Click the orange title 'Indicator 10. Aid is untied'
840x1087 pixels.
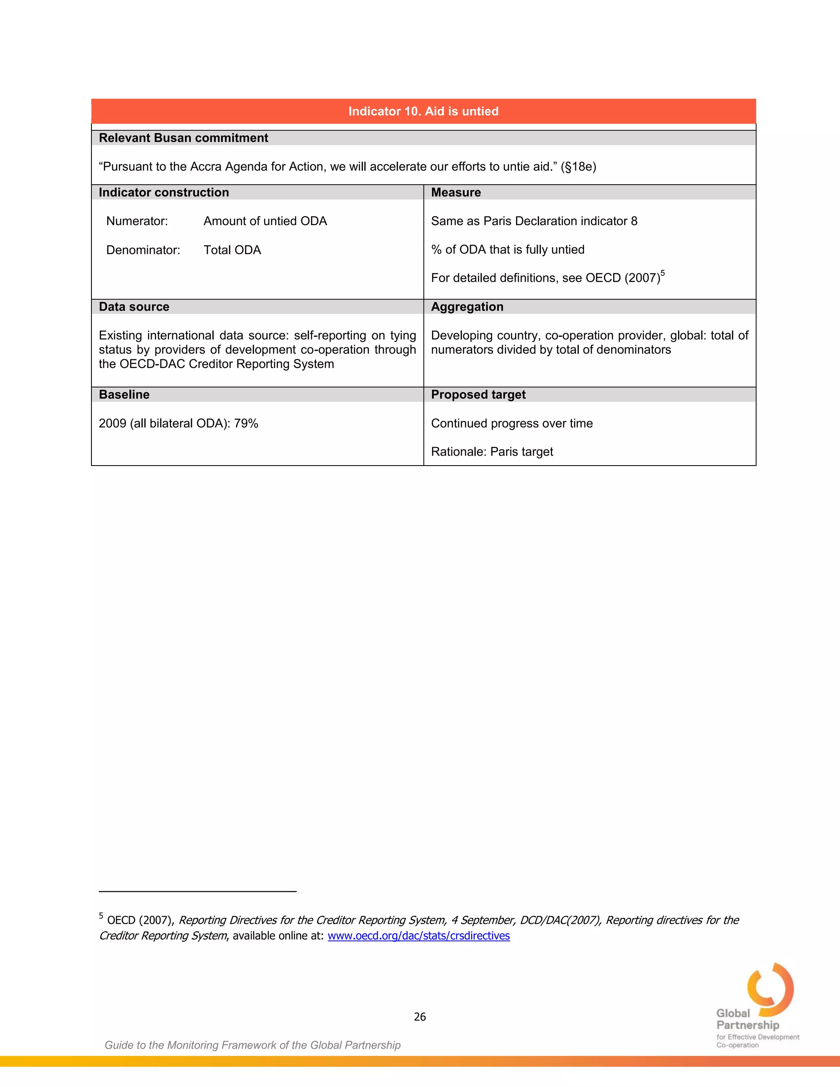(423, 111)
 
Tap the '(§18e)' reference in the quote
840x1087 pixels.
(578, 167)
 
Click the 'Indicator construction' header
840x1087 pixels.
(164, 193)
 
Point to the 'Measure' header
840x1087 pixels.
(456, 193)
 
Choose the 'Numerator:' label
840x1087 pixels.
(137, 221)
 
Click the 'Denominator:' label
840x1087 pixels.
(143, 250)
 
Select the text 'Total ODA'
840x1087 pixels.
(232, 250)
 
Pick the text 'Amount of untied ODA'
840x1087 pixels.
(265, 221)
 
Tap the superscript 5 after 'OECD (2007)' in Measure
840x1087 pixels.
(662, 273)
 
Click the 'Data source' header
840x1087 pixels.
(134, 306)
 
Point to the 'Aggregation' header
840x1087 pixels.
(467, 306)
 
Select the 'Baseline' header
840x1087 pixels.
(124, 395)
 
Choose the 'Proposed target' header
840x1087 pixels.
(478, 395)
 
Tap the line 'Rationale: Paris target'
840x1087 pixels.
(492, 452)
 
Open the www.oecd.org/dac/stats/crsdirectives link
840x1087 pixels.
(418, 936)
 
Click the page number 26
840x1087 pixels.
(420, 1017)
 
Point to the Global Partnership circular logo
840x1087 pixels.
(770, 991)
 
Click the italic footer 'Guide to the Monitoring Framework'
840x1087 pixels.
(252, 1045)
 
